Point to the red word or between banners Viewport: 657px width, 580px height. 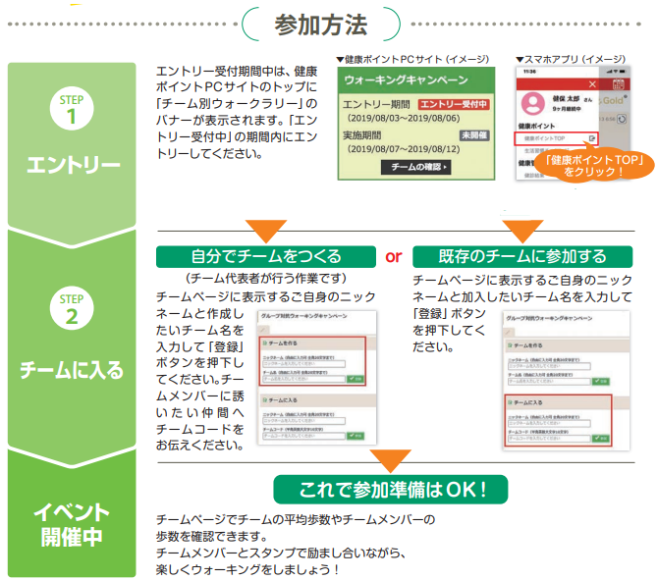coord(393,257)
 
